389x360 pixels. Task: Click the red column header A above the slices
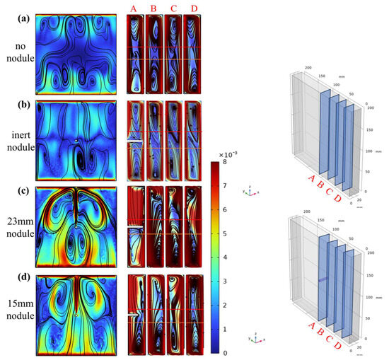135,8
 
